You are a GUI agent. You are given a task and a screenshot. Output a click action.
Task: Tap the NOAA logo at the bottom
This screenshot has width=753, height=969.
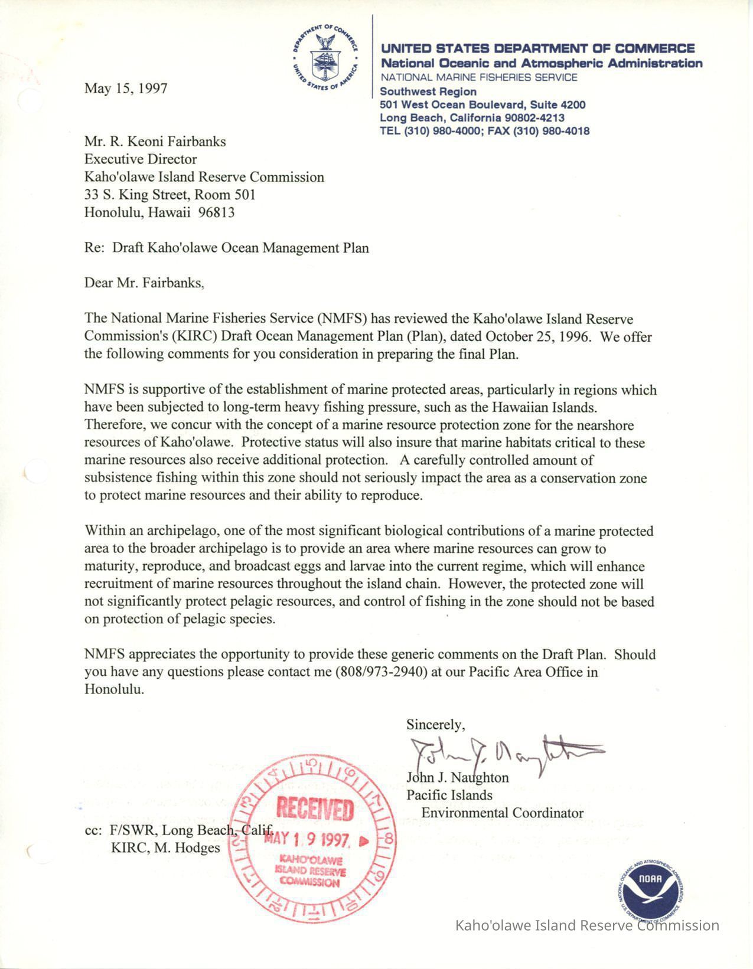(x=650, y=881)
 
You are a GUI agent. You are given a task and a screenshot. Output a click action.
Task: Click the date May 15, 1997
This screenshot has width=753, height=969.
(x=126, y=89)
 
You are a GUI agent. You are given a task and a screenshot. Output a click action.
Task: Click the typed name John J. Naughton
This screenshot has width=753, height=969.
(x=457, y=777)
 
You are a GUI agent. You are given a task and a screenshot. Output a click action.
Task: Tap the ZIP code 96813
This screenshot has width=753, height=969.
(x=217, y=212)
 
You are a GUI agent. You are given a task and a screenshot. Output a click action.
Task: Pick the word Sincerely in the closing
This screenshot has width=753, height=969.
(x=435, y=724)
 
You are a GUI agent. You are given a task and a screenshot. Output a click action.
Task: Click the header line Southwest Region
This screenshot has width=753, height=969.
(x=428, y=91)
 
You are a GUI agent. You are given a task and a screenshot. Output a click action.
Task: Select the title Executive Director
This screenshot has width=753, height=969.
(x=141, y=159)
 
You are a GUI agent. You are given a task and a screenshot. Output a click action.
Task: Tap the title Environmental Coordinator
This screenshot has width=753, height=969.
(x=502, y=813)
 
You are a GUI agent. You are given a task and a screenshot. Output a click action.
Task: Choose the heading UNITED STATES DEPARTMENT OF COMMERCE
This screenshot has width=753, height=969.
(x=537, y=48)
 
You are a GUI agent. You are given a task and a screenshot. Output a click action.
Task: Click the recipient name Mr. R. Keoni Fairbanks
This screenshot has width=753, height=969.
(x=155, y=142)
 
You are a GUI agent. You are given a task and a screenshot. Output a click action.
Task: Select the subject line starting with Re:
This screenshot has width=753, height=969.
(x=226, y=248)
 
